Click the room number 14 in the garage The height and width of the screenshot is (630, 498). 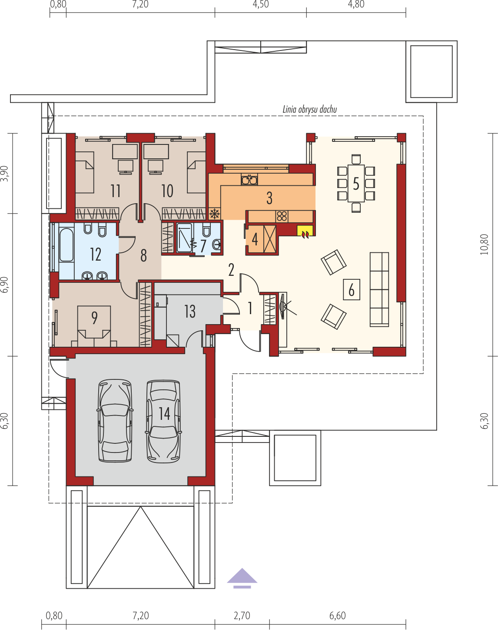164,414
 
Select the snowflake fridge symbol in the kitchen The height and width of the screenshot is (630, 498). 215,214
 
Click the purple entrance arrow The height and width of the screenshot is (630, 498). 242,578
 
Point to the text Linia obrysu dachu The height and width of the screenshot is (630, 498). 309,110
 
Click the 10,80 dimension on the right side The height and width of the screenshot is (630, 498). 484,245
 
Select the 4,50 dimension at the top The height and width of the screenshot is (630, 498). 261,4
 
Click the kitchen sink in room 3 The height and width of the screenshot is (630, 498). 249,179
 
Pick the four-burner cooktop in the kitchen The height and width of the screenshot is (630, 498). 282,216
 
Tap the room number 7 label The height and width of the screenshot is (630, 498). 203,246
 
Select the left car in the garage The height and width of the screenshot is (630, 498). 115,421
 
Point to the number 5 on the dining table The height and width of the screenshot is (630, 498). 356,184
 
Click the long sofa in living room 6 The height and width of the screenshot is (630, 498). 379,289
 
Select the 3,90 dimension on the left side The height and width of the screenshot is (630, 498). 4,173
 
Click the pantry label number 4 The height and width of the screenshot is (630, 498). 255,239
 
